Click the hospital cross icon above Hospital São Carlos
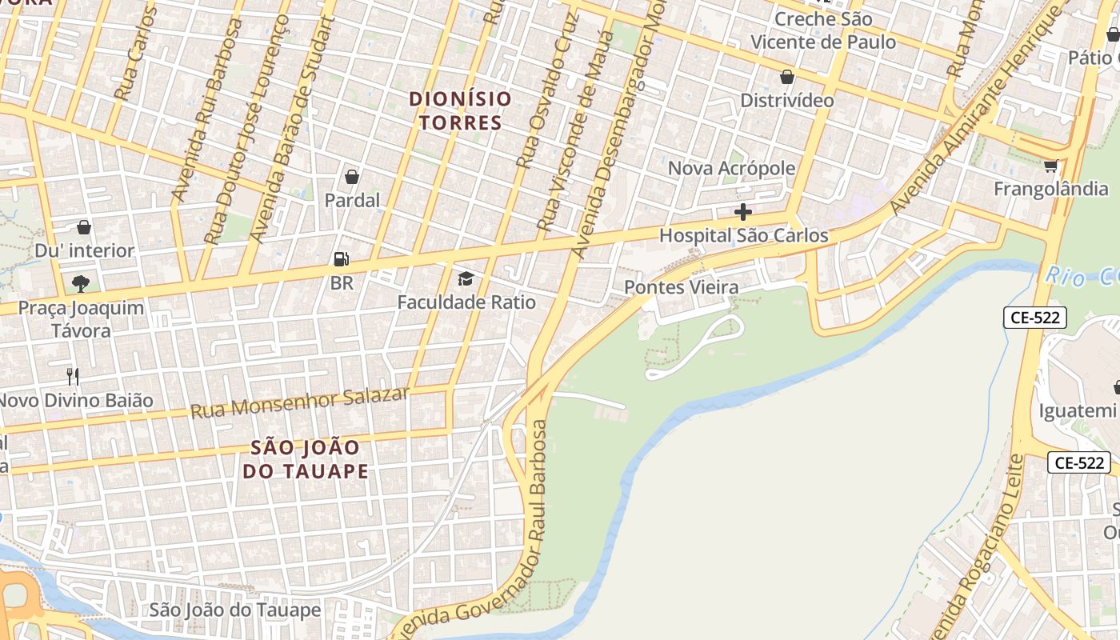pyautogui.click(x=743, y=212)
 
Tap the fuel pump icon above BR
pyautogui.click(x=341, y=259)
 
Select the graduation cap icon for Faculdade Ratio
pyautogui.click(x=466, y=278)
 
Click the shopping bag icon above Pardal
pyautogui.click(x=352, y=177)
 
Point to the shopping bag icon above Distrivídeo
pyautogui.click(x=787, y=77)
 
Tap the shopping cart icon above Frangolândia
pyautogui.click(x=1050, y=166)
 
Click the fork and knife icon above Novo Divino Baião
pyautogui.click(x=73, y=376)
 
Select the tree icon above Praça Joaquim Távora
pyautogui.click(x=80, y=283)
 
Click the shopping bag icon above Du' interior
pyautogui.click(x=84, y=227)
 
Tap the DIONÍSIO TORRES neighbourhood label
pyautogui.click(x=460, y=110)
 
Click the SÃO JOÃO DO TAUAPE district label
pyautogui.click(x=306, y=459)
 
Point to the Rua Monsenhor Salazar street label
pyautogui.click(x=300, y=402)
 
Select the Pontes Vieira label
pyautogui.click(x=682, y=286)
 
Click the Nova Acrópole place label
pyautogui.click(x=731, y=168)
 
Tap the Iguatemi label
pyautogui.click(x=1076, y=411)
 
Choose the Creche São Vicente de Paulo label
pyautogui.click(x=823, y=30)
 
